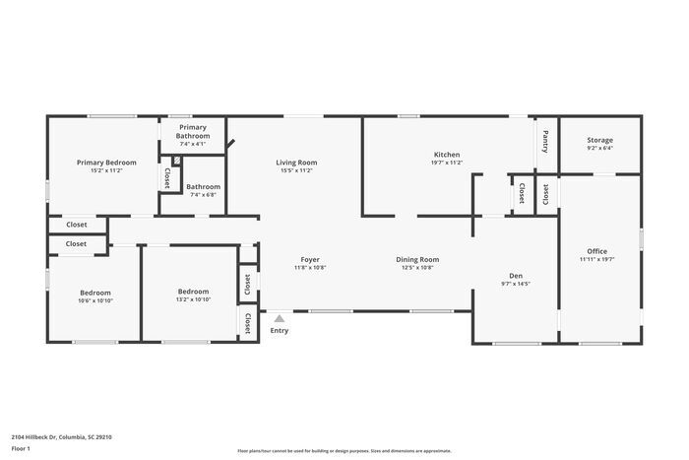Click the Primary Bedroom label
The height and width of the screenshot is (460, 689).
pyautogui.click(x=106, y=163)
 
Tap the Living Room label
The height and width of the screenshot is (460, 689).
pyautogui.click(x=295, y=163)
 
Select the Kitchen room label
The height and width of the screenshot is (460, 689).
pyautogui.click(x=447, y=155)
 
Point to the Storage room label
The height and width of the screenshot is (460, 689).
pyautogui.click(x=599, y=141)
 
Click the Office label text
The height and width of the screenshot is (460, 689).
pyautogui.click(x=597, y=251)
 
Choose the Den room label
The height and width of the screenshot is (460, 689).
pyautogui.click(x=515, y=275)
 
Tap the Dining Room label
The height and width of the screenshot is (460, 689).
pyautogui.click(x=419, y=259)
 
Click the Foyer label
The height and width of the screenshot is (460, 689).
pyautogui.click(x=310, y=259)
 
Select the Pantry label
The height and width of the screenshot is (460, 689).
pyautogui.click(x=546, y=142)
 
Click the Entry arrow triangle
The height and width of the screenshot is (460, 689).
pyautogui.click(x=280, y=318)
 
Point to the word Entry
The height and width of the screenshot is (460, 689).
pyautogui.click(x=280, y=331)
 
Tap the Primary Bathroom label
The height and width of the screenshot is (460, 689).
pyautogui.click(x=193, y=132)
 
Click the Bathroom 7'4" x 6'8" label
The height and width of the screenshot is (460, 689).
pyautogui.click(x=204, y=186)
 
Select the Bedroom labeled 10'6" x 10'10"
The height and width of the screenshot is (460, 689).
pyautogui.click(x=95, y=293)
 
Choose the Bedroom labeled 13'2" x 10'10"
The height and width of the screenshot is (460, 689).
pyautogui.click(x=193, y=292)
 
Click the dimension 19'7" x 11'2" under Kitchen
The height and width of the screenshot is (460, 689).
pyautogui.click(x=447, y=163)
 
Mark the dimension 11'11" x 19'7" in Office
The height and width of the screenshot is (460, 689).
pyautogui.click(x=597, y=259)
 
